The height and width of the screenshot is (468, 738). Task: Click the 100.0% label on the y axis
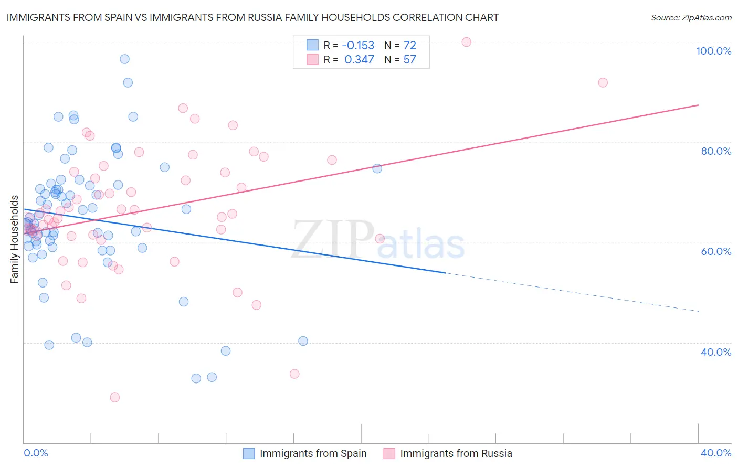pyautogui.click(x=713, y=51)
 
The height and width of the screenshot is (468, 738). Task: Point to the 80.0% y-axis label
pyautogui.click(x=716, y=151)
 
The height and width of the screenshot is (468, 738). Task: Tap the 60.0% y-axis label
pyautogui.click(x=716, y=251)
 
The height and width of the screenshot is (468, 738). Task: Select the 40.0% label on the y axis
pyautogui.click(x=716, y=352)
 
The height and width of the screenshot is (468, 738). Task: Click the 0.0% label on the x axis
pyautogui.click(x=36, y=453)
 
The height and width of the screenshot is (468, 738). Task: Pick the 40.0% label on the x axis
pyautogui.click(x=716, y=453)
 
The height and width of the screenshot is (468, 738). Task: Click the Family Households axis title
pyautogui.click(x=15, y=239)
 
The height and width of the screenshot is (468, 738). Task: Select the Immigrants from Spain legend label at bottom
pyautogui.click(x=313, y=453)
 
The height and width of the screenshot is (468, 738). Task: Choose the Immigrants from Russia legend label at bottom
pyautogui.click(x=456, y=453)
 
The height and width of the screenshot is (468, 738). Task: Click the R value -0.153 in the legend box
pyautogui.click(x=358, y=46)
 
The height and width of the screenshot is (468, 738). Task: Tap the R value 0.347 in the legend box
pyautogui.click(x=359, y=60)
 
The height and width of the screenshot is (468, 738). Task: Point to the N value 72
pyautogui.click(x=409, y=46)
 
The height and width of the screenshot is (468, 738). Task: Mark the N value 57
pyautogui.click(x=409, y=60)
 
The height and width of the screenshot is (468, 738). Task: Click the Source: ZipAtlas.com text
pyautogui.click(x=691, y=18)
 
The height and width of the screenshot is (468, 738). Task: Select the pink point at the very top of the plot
pyautogui.click(x=466, y=42)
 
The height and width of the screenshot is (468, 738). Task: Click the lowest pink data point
pyautogui.click(x=114, y=397)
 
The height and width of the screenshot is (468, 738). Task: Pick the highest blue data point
pyautogui.click(x=124, y=59)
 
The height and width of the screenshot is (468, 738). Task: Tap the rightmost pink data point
pyautogui.click(x=603, y=82)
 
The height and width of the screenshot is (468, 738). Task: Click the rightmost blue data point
pyautogui.click(x=377, y=168)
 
